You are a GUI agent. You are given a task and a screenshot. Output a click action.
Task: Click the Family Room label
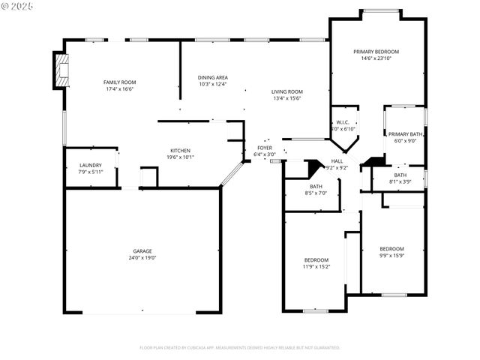pyautogui.click(x=119, y=82)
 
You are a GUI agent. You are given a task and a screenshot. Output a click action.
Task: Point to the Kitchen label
pyautogui.click(x=180, y=151)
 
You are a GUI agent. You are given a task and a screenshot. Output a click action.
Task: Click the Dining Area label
pyautogui.click(x=213, y=77)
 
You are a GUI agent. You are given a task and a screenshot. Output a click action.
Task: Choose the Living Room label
pyautogui.click(x=286, y=91)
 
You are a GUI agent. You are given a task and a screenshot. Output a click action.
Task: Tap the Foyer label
pyautogui.click(x=265, y=148)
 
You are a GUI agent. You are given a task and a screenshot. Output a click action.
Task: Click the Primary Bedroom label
pyautogui.click(x=376, y=52)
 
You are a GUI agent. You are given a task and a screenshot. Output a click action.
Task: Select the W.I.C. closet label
pyautogui.click(x=342, y=122)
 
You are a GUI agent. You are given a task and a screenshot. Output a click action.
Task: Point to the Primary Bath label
pyautogui.click(x=405, y=133)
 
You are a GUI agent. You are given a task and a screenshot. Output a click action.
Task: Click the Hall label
pyautogui.click(x=337, y=160)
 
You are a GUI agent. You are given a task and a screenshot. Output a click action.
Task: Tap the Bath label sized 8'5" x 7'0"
pyautogui.click(x=316, y=187)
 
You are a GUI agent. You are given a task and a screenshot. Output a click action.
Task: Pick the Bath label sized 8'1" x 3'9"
pyautogui.click(x=400, y=175)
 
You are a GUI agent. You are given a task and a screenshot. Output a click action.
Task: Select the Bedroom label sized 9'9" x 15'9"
pyautogui.click(x=391, y=248)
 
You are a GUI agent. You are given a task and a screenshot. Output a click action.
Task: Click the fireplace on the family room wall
pyautogui.click(x=59, y=70)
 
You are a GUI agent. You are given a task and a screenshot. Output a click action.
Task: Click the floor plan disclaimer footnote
pyautogui.click(x=240, y=348)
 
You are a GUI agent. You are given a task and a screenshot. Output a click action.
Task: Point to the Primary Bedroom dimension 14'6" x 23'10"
pyautogui.click(x=376, y=58)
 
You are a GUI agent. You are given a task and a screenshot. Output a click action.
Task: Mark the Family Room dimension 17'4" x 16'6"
pyautogui.click(x=119, y=88)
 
